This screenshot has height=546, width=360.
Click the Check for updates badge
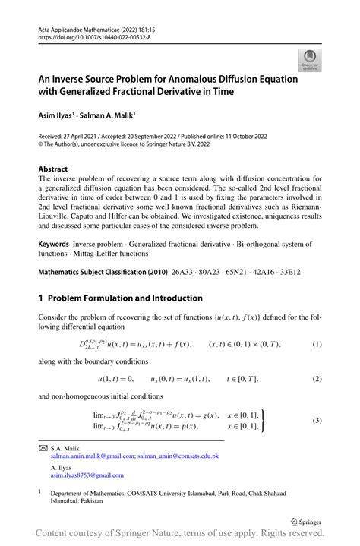[309, 60]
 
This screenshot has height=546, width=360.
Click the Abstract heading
[52, 169]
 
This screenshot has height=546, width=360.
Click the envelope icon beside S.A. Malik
[43, 450]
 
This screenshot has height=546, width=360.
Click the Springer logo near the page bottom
[308, 522]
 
